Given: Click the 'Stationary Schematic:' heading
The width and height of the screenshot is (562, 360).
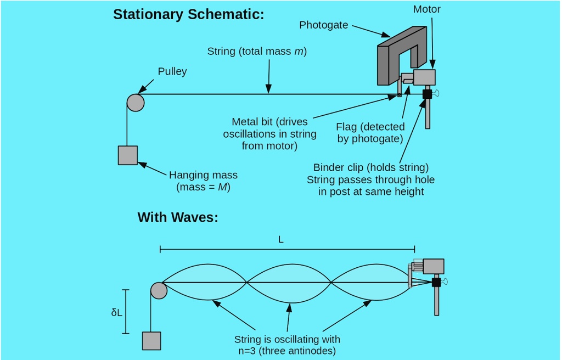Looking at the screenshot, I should (188, 15).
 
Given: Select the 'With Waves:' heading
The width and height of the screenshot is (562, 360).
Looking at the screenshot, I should (178, 217).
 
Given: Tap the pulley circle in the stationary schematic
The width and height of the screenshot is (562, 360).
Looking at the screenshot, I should (136, 102).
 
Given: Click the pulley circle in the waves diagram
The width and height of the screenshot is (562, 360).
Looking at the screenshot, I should (159, 290).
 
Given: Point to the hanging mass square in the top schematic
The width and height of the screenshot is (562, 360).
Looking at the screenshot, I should (128, 155).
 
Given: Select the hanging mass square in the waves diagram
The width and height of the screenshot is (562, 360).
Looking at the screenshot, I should (151, 341).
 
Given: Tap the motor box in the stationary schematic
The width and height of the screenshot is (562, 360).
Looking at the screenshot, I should (424, 77).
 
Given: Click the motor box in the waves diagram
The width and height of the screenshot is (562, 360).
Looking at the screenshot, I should (434, 266).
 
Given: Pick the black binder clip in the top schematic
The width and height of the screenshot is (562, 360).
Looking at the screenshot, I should (427, 94).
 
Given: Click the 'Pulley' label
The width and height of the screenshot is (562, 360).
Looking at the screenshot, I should (172, 71).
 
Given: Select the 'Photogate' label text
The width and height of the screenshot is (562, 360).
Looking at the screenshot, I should (324, 25).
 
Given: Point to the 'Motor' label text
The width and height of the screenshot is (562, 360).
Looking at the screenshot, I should (426, 9).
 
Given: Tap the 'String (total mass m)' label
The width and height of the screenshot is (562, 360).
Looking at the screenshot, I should (257, 52).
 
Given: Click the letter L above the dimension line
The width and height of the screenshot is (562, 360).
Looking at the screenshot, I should (281, 240).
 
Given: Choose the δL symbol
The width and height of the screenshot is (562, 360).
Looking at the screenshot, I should (116, 312).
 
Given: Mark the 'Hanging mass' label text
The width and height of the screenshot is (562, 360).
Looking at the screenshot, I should (203, 175).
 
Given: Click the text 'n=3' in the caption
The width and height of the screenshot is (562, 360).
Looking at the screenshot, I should (246, 350).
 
